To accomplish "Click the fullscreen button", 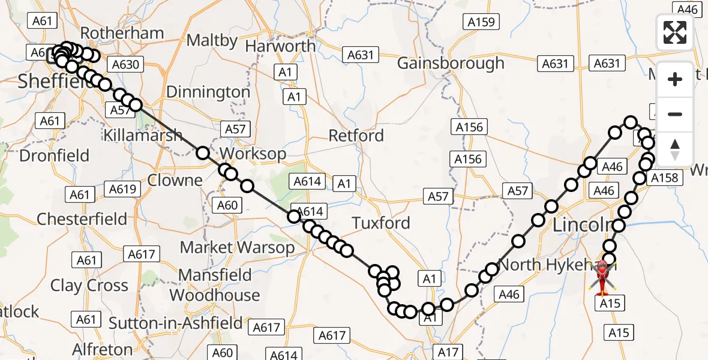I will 675,32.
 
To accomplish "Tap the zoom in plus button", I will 675,79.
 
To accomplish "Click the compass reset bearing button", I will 675,149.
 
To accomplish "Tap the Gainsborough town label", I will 451,63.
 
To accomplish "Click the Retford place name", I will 356,136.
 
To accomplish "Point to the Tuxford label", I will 381,223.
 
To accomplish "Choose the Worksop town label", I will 253,154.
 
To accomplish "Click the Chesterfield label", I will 82,219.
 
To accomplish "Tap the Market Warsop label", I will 237,247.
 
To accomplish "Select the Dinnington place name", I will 208,92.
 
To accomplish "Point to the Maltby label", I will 212,40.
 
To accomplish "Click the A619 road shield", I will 124,190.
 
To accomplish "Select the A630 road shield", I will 125,65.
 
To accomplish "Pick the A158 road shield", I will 664,178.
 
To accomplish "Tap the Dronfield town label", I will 54,156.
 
